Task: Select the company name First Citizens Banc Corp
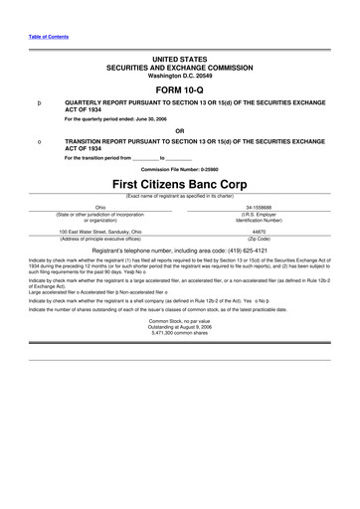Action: point(179,186)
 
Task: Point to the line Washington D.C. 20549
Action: point(179,76)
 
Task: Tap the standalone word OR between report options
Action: point(179,130)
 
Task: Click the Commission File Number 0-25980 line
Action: point(179,171)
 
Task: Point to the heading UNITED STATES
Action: point(179,61)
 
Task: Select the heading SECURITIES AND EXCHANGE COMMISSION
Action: point(179,69)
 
